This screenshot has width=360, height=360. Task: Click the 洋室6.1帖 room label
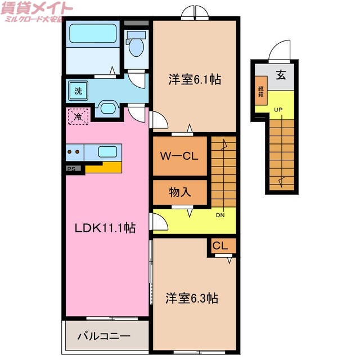point(194,80)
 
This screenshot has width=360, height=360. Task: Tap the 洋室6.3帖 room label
point(192,298)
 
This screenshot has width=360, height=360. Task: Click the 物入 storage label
point(180,192)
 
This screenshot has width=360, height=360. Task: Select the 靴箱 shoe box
point(260,92)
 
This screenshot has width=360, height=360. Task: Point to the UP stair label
point(278,109)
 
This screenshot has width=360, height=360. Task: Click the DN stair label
point(220,214)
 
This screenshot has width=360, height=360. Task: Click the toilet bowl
point(136,45)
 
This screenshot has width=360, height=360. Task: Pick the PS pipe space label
point(71,168)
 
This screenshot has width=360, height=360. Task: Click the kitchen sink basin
point(107,151)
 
